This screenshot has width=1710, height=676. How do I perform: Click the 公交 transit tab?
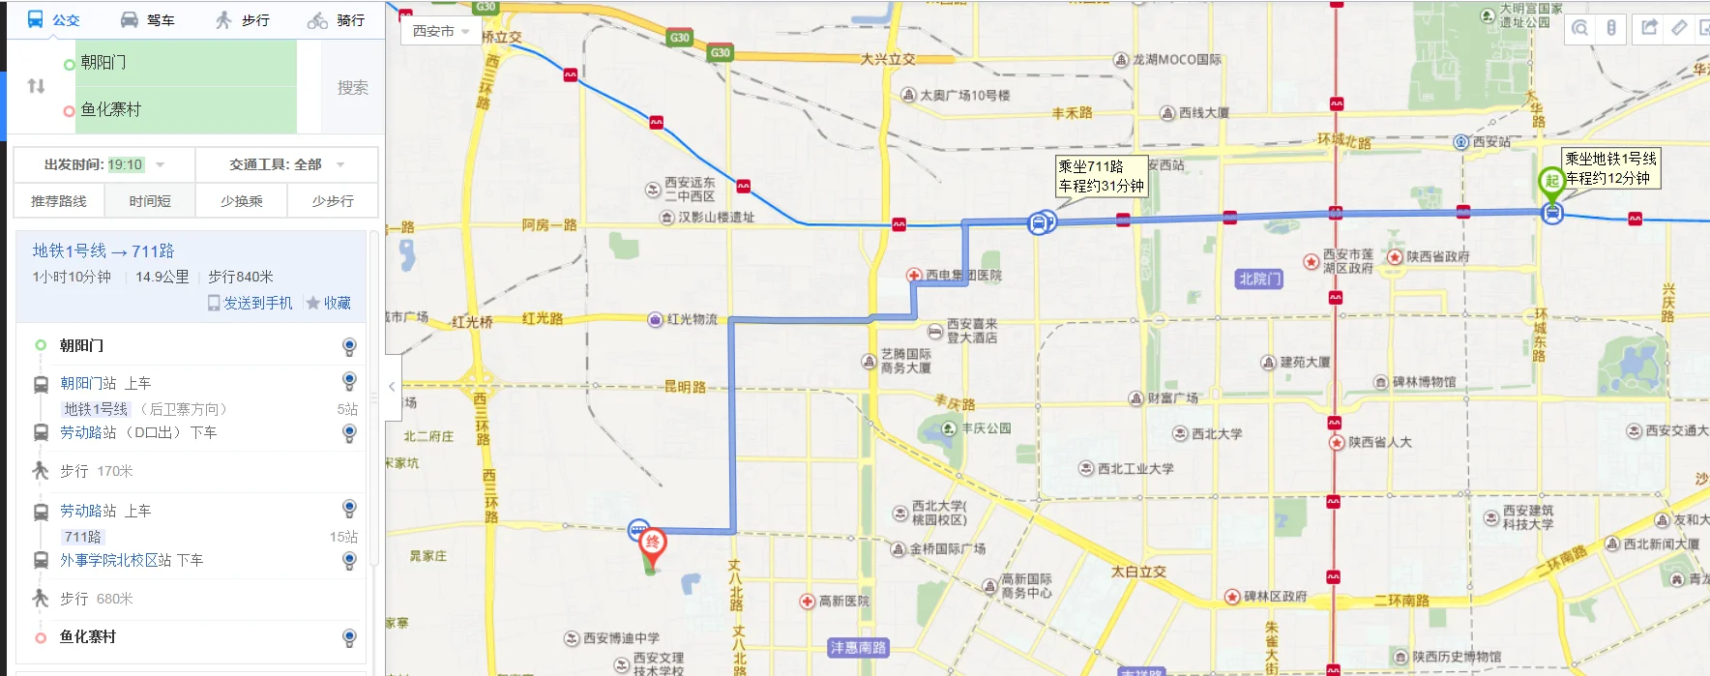(53, 19)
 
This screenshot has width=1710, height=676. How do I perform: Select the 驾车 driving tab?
(148, 19)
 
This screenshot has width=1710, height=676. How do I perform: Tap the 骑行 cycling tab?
(337, 19)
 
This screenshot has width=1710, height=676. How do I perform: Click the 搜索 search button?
(352, 87)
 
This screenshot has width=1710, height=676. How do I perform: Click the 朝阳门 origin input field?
(184, 63)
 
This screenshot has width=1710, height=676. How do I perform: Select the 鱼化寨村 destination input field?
(184, 109)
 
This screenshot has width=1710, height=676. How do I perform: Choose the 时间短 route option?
(150, 201)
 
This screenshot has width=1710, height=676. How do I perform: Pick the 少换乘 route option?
(241, 201)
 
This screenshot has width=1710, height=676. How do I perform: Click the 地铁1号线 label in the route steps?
(95, 409)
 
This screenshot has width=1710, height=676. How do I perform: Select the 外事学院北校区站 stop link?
(115, 560)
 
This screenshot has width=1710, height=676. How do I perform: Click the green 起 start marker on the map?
(1550, 181)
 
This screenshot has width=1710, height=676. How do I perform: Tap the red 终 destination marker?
(653, 544)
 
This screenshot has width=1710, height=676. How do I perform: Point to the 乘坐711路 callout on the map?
(1101, 176)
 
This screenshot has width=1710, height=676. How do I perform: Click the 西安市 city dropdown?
(440, 31)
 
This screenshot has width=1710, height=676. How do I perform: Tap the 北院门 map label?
(1259, 279)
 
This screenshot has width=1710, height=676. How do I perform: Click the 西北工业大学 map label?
(1135, 469)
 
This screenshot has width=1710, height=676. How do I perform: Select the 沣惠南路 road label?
(857, 647)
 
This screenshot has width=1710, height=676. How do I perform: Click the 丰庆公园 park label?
(985, 427)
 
